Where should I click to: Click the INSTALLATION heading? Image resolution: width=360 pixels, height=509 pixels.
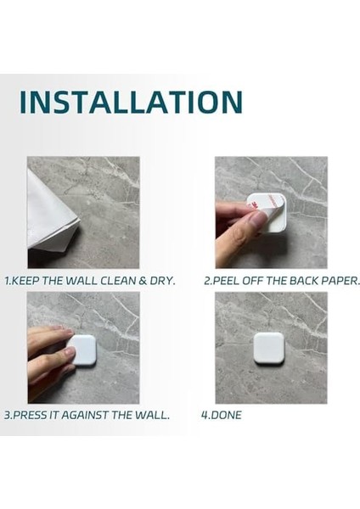[131, 102]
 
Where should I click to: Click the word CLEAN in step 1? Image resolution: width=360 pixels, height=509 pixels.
[118, 281]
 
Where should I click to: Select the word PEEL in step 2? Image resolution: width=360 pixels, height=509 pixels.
[225, 281]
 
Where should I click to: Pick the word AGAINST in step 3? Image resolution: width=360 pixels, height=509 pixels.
[85, 415]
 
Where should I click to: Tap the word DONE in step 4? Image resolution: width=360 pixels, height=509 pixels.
[226, 415]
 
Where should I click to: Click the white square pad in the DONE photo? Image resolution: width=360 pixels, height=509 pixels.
[268, 349]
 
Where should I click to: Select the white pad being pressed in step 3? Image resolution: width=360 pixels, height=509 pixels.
[84, 350]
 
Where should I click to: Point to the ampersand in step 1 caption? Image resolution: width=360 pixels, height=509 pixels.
[143, 281]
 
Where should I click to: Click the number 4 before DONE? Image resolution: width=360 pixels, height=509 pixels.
[205, 415]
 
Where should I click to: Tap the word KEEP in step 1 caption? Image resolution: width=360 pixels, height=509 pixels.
[25, 281]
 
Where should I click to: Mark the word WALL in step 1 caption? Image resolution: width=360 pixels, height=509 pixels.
[82, 281]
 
